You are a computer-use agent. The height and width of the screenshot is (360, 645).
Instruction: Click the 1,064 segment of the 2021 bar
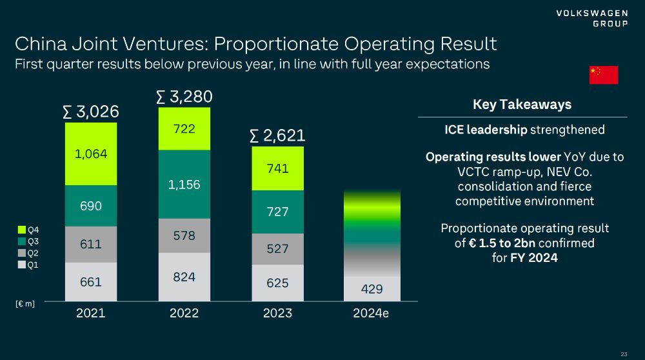(91, 154)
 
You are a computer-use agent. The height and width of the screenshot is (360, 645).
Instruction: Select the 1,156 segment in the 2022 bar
(184, 185)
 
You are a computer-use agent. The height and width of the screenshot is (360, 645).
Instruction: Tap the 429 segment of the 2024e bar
(372, 289)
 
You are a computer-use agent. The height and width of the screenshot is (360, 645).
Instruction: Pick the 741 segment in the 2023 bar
(278, 168)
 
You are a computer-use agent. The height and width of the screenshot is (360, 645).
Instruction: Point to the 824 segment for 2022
(184, 277)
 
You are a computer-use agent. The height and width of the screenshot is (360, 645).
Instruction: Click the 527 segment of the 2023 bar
(278, 248)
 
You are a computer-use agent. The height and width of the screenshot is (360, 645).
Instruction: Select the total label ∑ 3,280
(184, 97)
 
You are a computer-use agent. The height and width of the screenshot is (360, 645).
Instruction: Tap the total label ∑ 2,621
(277, 135)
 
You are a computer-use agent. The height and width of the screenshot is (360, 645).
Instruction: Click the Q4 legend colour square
(22, 230)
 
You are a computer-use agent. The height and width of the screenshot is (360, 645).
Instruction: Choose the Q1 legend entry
(28, 265)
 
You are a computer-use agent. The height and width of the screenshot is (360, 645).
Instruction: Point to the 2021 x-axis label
(91, 314)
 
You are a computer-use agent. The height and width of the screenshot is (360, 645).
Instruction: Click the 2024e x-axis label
(372, 314)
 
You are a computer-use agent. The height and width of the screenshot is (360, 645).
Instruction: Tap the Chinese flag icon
(604, 75)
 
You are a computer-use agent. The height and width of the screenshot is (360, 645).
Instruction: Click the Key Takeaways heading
(522, 105)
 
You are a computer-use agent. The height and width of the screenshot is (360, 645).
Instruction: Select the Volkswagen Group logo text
(592, 19)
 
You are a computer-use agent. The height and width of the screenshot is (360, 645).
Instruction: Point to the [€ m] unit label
(25, 304)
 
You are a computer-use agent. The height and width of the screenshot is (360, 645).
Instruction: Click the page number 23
(624, 354)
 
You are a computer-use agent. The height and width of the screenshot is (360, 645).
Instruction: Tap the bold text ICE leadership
(486, 130)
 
